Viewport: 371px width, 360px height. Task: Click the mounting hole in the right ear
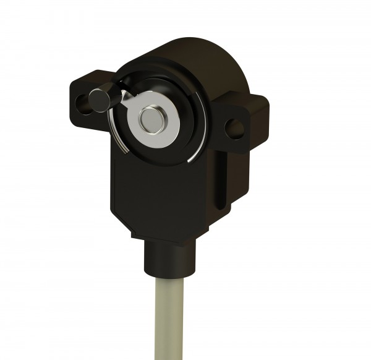pos(234,128)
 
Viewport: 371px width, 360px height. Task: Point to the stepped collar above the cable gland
pos(165,241)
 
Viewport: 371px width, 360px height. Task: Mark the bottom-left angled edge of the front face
pos(127,223)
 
